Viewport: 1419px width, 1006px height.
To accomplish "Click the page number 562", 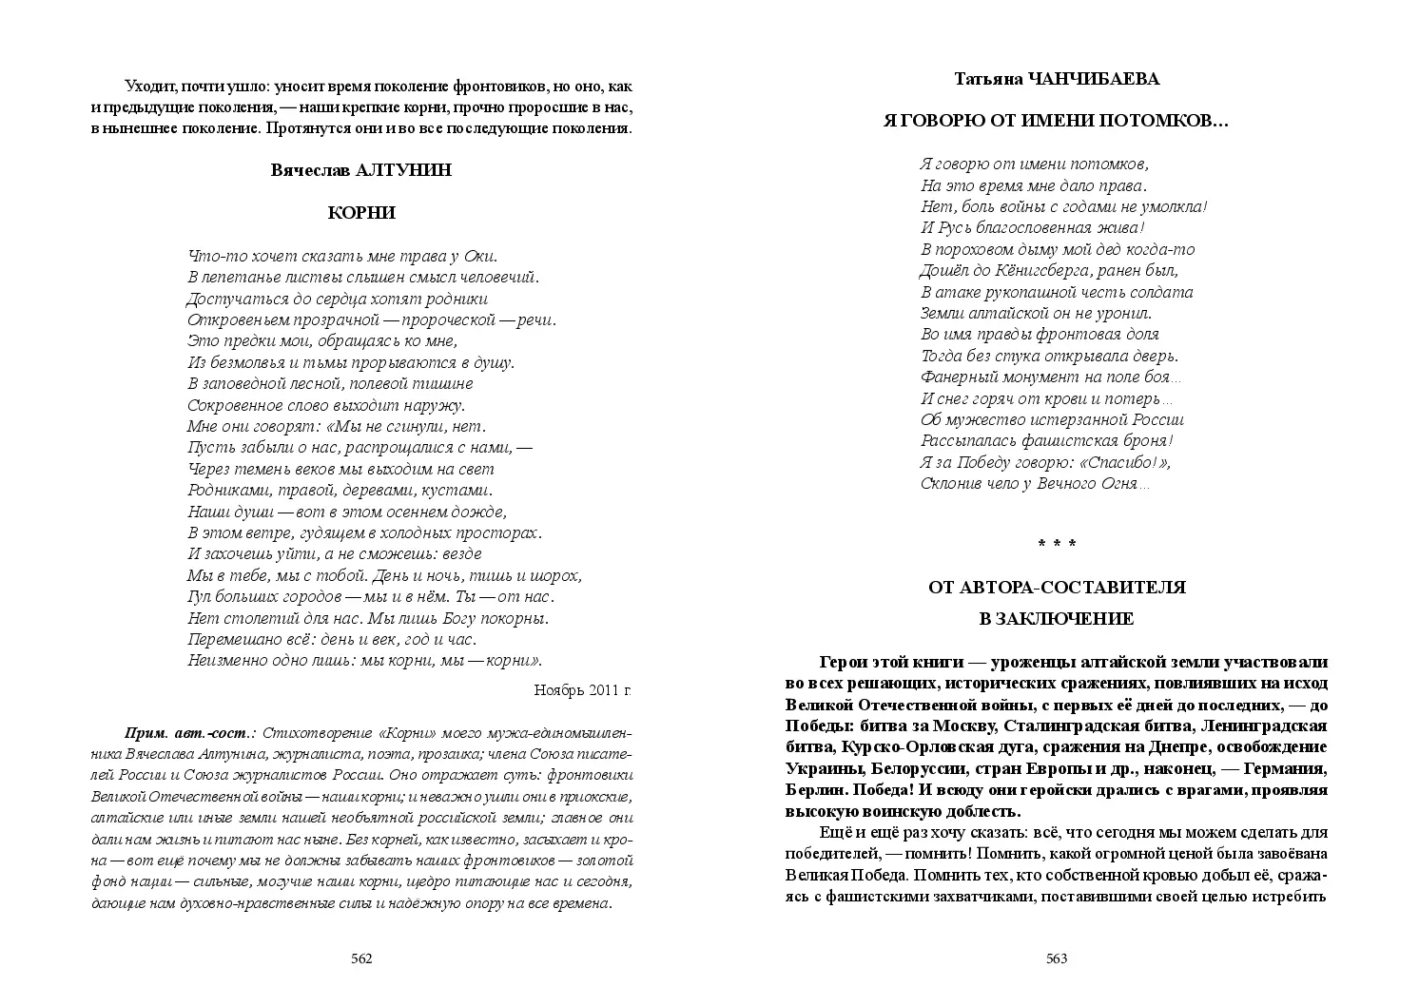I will click(x=361, y=958).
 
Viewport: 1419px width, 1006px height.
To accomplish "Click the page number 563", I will click(x=1057, y=958).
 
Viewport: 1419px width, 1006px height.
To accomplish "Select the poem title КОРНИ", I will click(x=361, y=213).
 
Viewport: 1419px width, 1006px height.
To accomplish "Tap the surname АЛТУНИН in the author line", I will click(x=403, y=170).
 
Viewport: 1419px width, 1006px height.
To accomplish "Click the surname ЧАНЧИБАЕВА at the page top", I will click(x=1096, y=79).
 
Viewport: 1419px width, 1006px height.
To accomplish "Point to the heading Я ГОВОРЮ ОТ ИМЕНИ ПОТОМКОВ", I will click(x=1057, y=121).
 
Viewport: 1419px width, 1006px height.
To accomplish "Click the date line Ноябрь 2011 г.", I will click(x=582, y=689).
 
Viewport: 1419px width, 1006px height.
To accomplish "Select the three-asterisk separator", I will click(x=1057, y=543).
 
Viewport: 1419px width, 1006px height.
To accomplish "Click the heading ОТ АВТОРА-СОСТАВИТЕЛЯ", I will click(x=1057, y=588).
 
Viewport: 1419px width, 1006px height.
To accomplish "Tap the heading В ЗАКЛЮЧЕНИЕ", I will click(x=1057, y=619).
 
